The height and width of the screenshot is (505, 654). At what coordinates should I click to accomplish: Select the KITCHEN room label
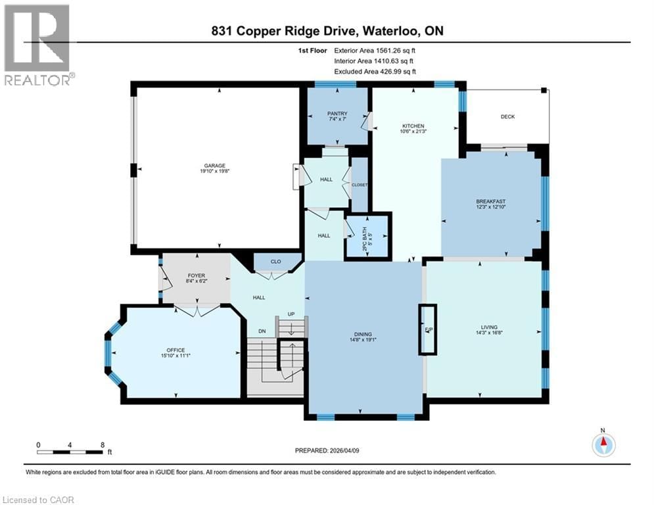pyautogui.click(x=413, y=126)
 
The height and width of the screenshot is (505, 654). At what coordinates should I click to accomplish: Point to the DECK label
pyautogui.click(x=507, y=117)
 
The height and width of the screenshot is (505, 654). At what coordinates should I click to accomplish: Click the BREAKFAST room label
pyautogui.click(x=491, y=202)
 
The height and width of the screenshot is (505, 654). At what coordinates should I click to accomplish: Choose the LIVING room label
pyautogui.click(x=488, y=327)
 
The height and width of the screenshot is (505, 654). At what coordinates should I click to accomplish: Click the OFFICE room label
pyautogui.click(x=175, y=350)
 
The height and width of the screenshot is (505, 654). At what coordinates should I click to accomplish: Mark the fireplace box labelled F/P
pyautogui.click(x=427, y=330)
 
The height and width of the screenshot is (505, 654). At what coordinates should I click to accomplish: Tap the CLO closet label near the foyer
pyautogui.click(x=275, y=262)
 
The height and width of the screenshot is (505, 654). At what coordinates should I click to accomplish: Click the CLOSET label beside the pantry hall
pyautogui.click(x=360, y=185)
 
